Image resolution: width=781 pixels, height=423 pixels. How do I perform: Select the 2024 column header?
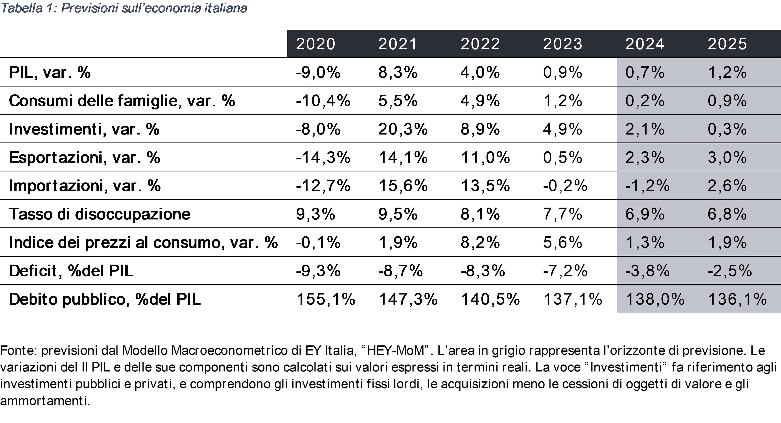645,44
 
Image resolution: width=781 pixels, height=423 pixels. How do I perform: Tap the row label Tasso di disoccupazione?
99,214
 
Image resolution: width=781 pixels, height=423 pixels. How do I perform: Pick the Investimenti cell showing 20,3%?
403,129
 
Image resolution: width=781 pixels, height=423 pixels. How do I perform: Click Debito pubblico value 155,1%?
325,299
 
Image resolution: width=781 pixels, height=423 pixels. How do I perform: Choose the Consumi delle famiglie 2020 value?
323,101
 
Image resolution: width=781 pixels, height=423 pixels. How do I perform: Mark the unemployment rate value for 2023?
562,214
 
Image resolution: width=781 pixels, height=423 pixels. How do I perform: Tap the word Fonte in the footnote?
18,350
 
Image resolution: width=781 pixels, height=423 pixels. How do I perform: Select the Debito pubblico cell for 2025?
737,299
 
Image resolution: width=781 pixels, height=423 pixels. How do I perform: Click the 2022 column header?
480,44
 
